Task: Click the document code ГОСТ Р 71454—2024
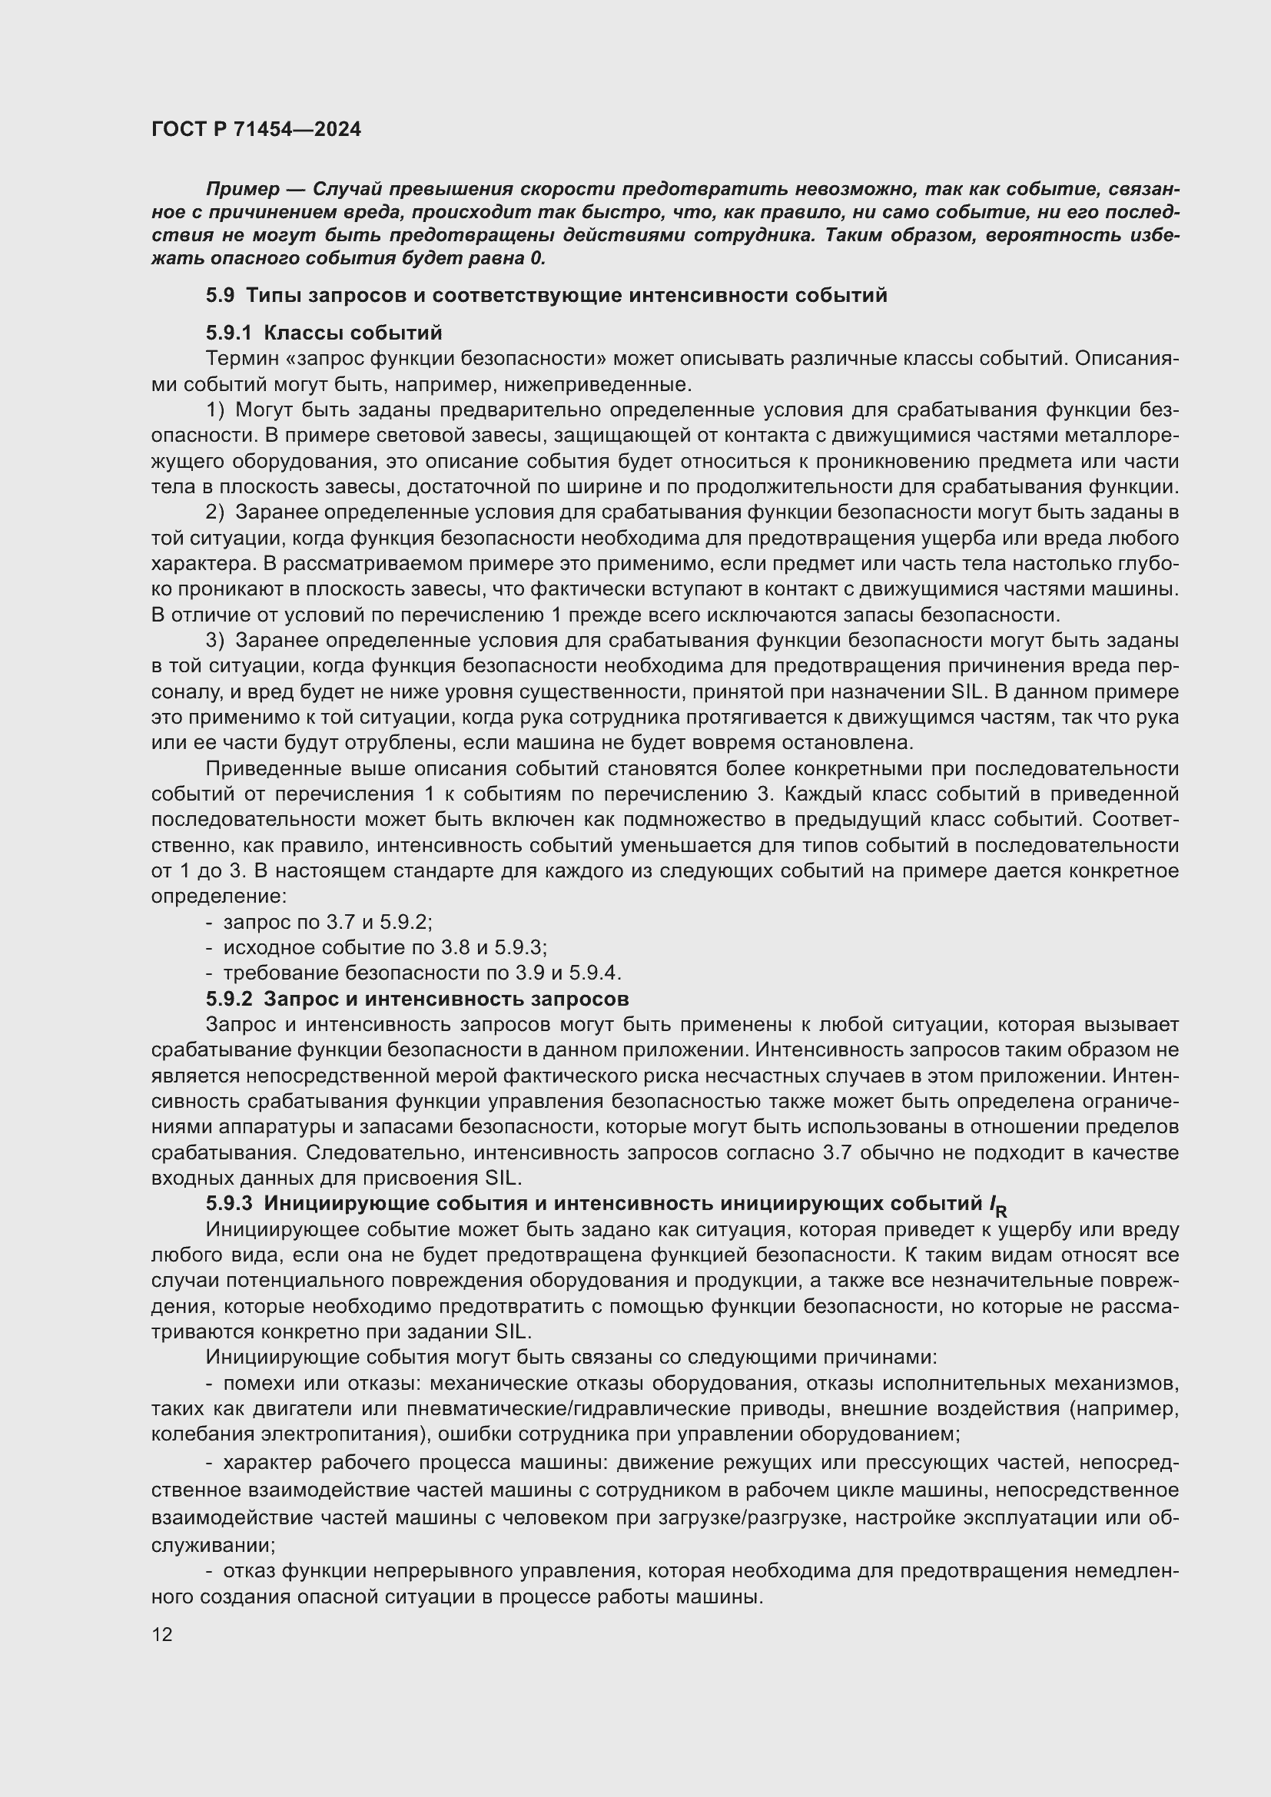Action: click(x=256, y=129)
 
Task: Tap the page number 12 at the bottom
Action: click(x=162, y=1633)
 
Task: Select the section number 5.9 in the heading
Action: click(x=220, y=295)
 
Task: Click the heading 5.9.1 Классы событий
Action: click(x=324, y=333)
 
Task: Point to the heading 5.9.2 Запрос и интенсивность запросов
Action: click(x=417, y=999)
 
